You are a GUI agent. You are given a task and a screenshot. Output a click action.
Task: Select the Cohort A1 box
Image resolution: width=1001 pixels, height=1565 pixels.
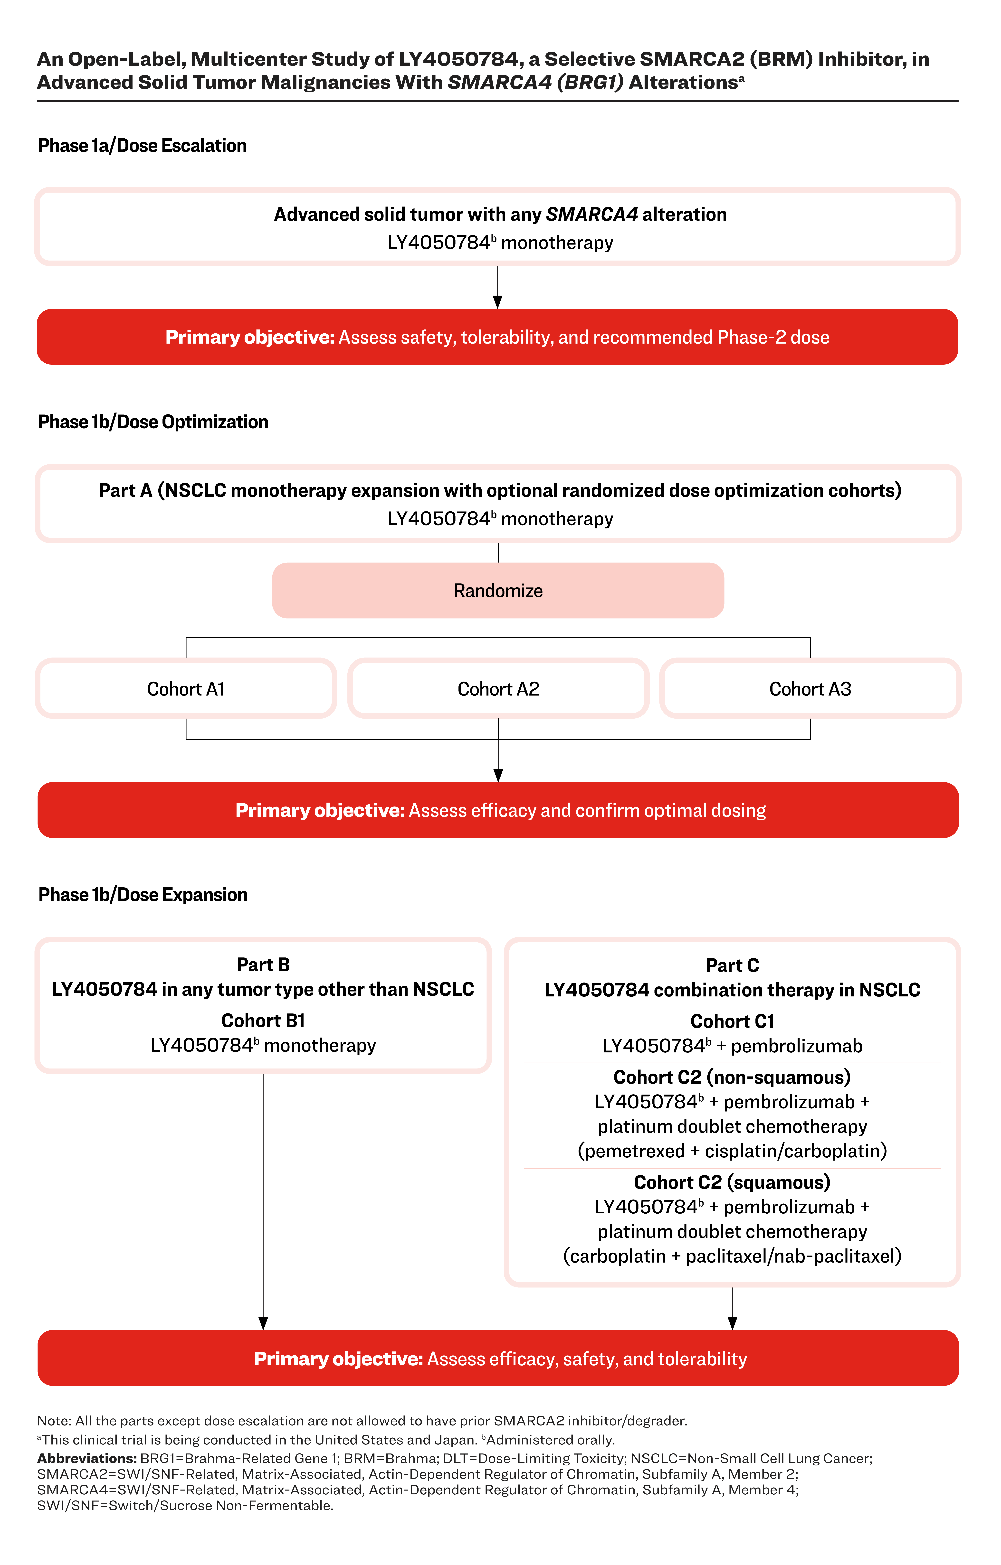pyautogui.click(x=186, y=688)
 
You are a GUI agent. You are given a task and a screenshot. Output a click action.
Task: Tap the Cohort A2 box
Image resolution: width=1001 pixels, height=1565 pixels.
pyautogui.click(x=499, y=688)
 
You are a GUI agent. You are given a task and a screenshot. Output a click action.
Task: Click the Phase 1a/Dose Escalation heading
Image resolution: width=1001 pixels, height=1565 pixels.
pyautogui.click(x=142, y=146)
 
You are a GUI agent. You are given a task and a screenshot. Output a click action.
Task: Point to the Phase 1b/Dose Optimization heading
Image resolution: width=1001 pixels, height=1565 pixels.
pyautogui.click(x=153, y=422)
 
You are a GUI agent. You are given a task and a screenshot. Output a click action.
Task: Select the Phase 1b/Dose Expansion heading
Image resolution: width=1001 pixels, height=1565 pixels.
pyautogui.click(x=143, y=895)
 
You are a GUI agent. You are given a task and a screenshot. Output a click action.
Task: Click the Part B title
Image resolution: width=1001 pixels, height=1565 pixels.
pyautogui.click(x=263, y=965)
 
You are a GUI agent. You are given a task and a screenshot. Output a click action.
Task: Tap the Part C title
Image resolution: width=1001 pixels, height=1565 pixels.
pyautogui.click(x=733, y=965)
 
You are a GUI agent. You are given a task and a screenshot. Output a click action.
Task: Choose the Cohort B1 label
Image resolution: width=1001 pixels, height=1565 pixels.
pyautogui.click(x=263, y=1020)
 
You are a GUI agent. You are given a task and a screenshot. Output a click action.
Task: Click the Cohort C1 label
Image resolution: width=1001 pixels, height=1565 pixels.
pyautogui.click(x=733, y=1021)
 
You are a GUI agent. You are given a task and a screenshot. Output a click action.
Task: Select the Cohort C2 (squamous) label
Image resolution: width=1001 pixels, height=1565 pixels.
pyautogui.click(x=733, y=1182)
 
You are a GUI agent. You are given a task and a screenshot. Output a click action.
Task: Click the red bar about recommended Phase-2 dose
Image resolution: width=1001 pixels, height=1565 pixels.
pyautogui.click(x=497, y=337)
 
